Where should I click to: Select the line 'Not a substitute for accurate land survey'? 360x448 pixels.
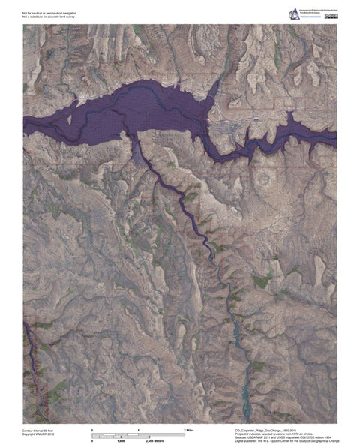(46, 16)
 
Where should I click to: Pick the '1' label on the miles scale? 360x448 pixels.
(138, 428)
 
